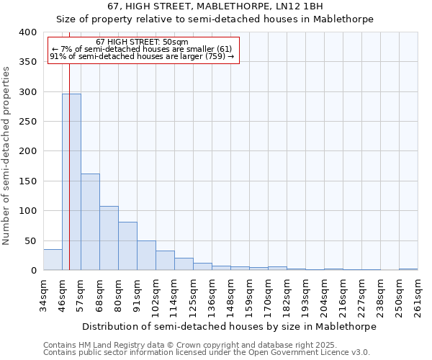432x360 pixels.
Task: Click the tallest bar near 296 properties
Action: tap(71, 182)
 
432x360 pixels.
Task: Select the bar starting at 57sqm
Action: tap(90, 222)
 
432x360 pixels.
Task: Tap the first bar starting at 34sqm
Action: tap(53, 260)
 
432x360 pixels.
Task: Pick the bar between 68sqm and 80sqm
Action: tap(109, 238)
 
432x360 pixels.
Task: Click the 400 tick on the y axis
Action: tap(27, 32)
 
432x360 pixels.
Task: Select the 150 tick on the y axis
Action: tap(27, 181)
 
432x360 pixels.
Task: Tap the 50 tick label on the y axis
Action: tap(30, 241)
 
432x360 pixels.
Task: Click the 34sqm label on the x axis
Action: tap(44, 295)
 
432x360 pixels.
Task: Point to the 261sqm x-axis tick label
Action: tap(418, 295)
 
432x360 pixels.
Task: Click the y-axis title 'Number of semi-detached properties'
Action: tap(7, 155)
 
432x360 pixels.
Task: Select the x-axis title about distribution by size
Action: tap(229, 326)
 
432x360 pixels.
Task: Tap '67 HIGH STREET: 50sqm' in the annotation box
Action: tap(142, 42)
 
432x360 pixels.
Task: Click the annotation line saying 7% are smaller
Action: tap(142, 49)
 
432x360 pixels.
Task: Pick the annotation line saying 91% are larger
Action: tap(142, 56)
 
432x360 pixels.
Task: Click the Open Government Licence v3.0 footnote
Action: tap(207, 353)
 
